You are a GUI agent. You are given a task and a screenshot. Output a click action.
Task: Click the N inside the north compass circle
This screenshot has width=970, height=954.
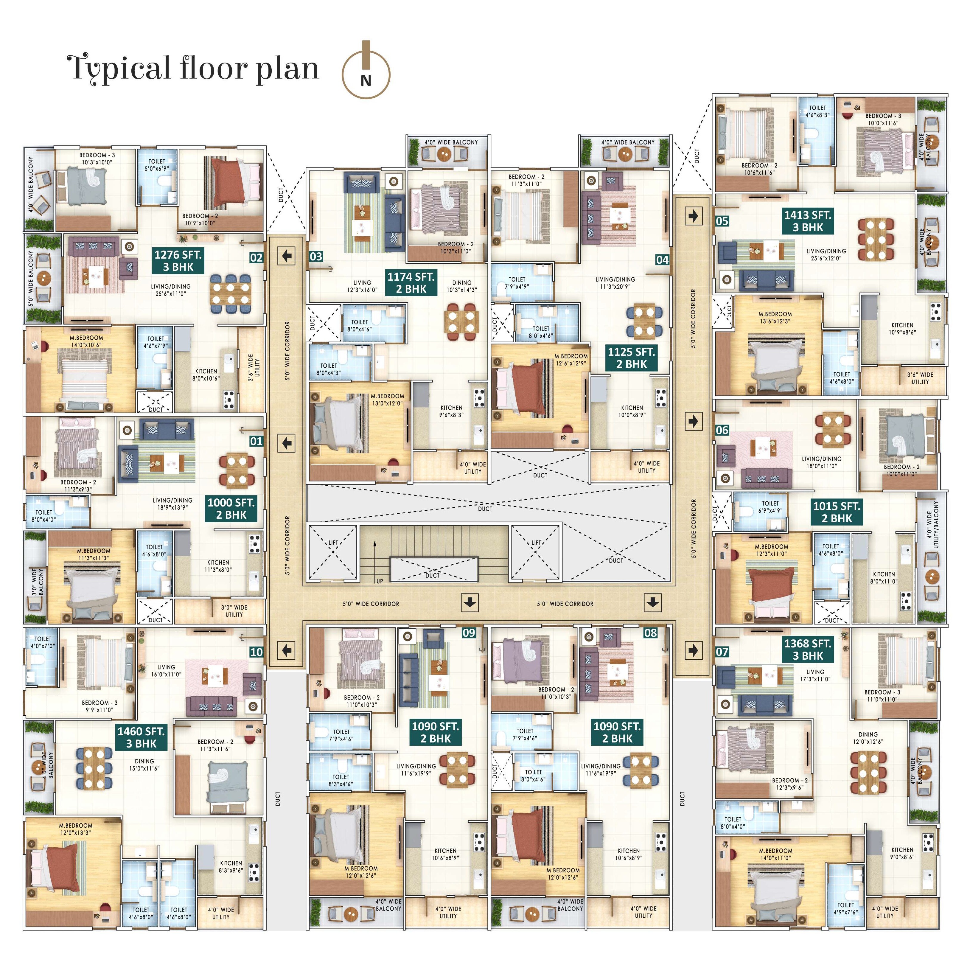click(x=366, y=80)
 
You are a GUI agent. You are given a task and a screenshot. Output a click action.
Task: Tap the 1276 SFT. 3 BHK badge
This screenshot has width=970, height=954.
click(x=178, y=260)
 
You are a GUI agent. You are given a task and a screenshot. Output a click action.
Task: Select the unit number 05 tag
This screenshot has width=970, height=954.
click(x=722, y=221)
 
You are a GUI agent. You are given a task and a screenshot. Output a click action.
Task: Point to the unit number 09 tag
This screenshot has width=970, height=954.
click(x=468, y=633)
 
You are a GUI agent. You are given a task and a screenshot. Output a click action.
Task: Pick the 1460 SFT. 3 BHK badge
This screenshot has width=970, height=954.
click(x=141, y=737)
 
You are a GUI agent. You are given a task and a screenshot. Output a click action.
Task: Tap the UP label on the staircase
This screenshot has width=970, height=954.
click(x=380, y=581)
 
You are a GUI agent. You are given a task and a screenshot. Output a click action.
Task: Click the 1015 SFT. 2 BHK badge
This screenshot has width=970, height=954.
click(x=836, y=512)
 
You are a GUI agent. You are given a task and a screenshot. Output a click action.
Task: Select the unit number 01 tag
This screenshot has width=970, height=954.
click(x=256, y=441)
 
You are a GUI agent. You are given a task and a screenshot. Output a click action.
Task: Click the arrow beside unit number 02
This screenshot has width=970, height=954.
click(x=287, y=257)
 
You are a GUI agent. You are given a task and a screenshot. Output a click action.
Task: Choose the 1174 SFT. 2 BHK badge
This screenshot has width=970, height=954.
click(x=411, y=282)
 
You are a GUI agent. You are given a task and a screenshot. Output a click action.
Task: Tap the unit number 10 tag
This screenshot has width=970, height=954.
click(x=256, y=652)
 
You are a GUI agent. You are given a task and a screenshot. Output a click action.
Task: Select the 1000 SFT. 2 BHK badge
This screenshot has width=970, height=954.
click(x=231, y=509)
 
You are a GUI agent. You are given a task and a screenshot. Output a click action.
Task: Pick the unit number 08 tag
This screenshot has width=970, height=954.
click(x=650, y=633)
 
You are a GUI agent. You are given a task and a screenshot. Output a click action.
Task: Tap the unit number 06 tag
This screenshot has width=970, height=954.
click(x=722, y=430)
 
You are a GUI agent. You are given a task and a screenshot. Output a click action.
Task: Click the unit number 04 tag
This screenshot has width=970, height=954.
click(x=662, y=260)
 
